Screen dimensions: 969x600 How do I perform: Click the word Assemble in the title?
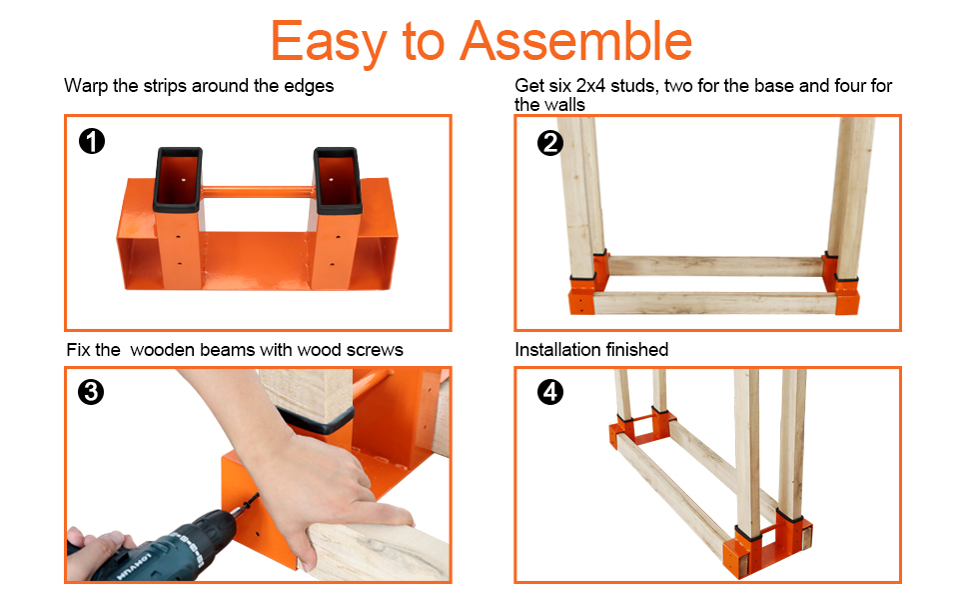pos(576,41)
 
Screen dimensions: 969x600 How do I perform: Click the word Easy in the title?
pos(329,42)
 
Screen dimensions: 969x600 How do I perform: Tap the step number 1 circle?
pos(92,141)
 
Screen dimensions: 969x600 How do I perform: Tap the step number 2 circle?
pos(550,143)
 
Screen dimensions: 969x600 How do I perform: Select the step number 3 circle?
pos(91,392)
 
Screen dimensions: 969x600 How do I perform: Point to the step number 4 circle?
pos(550,392)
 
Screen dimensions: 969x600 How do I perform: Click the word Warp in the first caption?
pos(86,86)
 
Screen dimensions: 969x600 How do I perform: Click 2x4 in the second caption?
pos(590,85)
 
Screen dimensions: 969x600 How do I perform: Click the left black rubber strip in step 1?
pos(178,180)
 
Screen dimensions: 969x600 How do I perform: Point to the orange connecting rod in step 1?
pos(258,192)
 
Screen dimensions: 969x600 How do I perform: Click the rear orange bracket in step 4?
pos(642,428)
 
